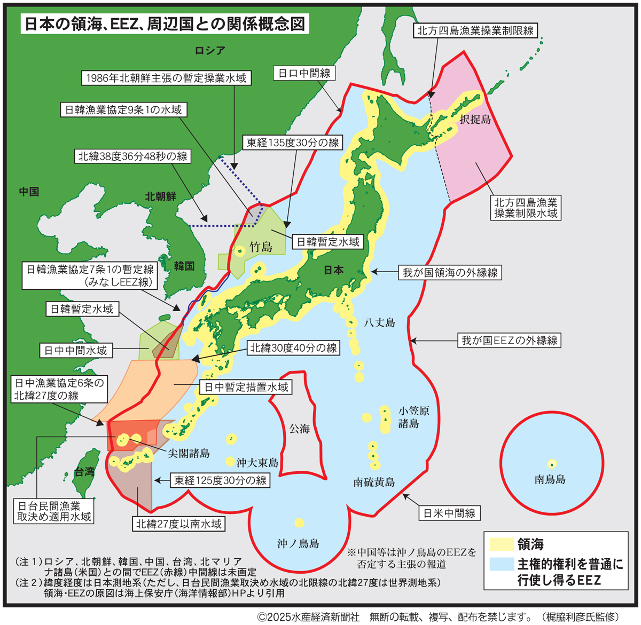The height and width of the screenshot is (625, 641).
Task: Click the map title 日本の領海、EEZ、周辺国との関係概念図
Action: click(x=165, y=25)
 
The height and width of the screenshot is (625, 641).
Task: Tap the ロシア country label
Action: click(x=210, y=51)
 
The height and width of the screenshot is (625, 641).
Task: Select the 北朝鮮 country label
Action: click(x=160, y=196)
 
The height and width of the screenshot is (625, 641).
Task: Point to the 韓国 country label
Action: click(x=184, y=265)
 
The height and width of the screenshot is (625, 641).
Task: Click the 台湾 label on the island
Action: click(x=84, y=471)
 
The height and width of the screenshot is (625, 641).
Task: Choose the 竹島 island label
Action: click(x=261, y=247)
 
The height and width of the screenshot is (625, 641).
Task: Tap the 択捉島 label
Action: click(x=475, y=120)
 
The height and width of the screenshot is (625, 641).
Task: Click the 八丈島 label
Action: click(x=379, y=322)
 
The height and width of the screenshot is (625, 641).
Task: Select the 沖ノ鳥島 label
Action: click(x=298, y=543)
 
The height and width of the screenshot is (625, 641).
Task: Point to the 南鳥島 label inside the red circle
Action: click(x=550, y=479)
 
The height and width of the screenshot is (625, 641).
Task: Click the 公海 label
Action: click(x=299, y=429)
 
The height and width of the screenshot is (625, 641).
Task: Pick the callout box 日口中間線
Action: click(x=304, y=73)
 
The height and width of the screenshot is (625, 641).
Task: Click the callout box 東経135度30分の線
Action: click(x=293, y=143)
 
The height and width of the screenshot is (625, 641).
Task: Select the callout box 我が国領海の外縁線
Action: click(x=450, y=272)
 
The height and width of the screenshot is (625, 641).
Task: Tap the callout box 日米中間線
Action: click(x=449, y=513)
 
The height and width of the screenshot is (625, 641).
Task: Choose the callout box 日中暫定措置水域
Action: click(x=246, y=387)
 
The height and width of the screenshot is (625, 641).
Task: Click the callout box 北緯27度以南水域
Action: click(x=178, y=524)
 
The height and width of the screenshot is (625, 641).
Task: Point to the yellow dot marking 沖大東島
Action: click(x=230, y=461)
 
